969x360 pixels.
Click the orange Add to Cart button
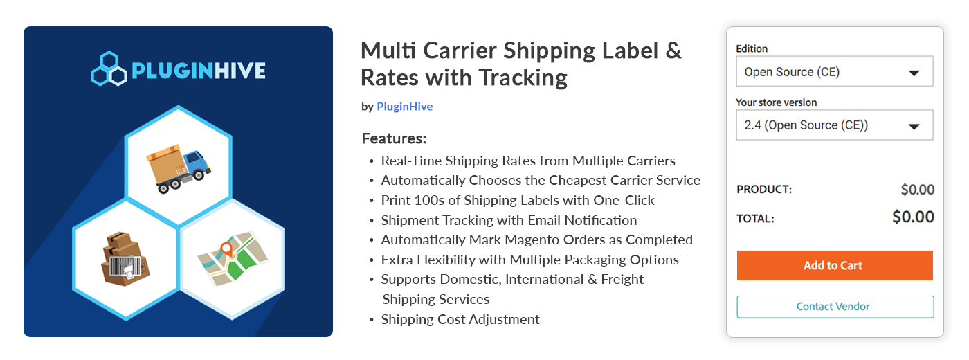[835, 265]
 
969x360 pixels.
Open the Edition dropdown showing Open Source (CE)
[835, 71]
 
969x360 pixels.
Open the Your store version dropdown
[835, 125]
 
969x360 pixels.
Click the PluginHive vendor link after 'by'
[404, 107]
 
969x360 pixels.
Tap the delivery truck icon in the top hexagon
[179, 168]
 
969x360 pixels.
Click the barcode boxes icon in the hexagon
[125, 259]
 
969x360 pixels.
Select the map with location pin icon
[233, 259]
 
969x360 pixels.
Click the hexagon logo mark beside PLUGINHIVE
[109, 69]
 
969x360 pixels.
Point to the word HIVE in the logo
[240, 71]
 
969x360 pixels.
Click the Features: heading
[394, 138]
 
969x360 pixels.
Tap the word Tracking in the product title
[523, 78]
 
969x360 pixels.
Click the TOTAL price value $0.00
[913, 217]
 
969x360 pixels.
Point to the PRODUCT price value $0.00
[918, 190]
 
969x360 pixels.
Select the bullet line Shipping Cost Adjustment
[460, 319]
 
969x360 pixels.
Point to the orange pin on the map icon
[226, 249]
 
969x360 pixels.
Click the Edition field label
[752, 48]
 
